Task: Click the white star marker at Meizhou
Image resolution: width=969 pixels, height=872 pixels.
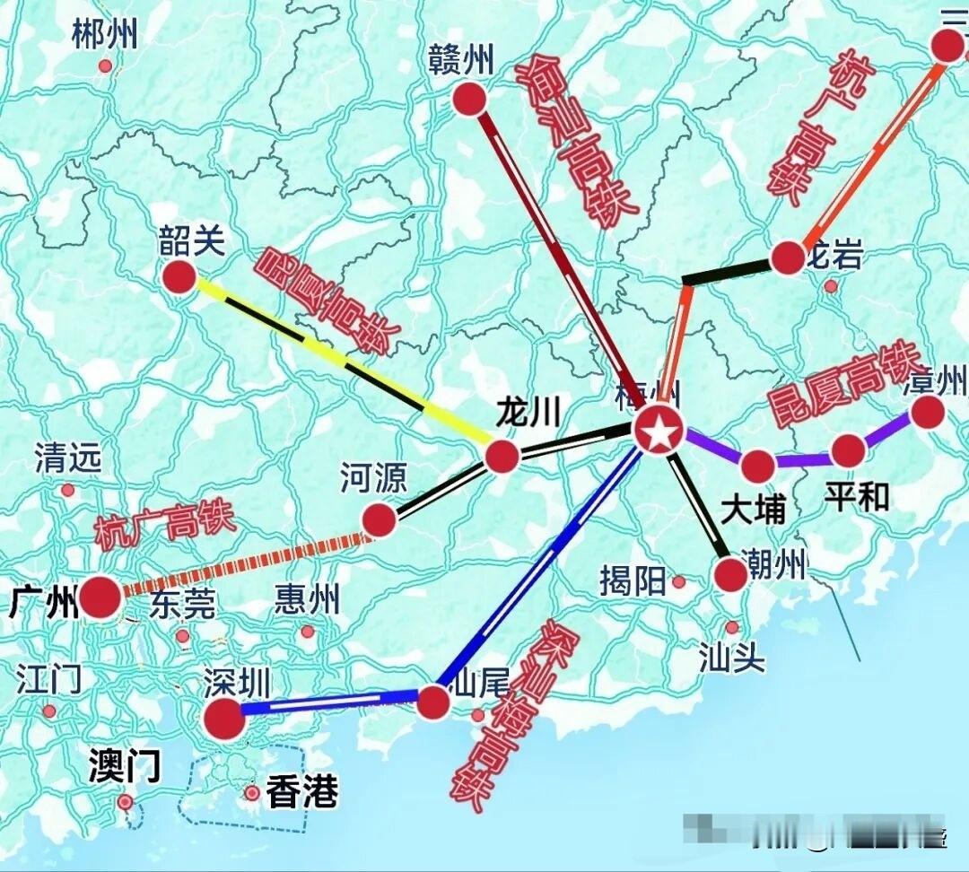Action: tap(659, 432)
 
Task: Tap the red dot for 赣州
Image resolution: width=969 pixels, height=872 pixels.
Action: tap(468, 99)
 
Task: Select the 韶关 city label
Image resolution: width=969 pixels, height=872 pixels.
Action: tap(192, 241)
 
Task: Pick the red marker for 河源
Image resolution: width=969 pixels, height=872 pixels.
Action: tap(380, 519)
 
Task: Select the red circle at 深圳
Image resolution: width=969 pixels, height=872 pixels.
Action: tap(223, 719)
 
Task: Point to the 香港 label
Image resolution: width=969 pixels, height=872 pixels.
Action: tap(301, 792)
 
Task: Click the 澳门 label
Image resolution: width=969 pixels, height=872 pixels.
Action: tap(125, 767)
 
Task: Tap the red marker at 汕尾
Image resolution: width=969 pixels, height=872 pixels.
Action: tap(433, 702)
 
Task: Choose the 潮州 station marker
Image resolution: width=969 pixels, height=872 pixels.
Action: tap(731, 574)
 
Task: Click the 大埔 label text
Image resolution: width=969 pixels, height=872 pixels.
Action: tap(754, 510)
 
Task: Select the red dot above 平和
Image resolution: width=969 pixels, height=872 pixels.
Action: tap(848, 450)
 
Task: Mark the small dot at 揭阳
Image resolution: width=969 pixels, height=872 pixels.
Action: tap(679, 582)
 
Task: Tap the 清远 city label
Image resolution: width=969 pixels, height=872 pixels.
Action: tap(68, 459)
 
